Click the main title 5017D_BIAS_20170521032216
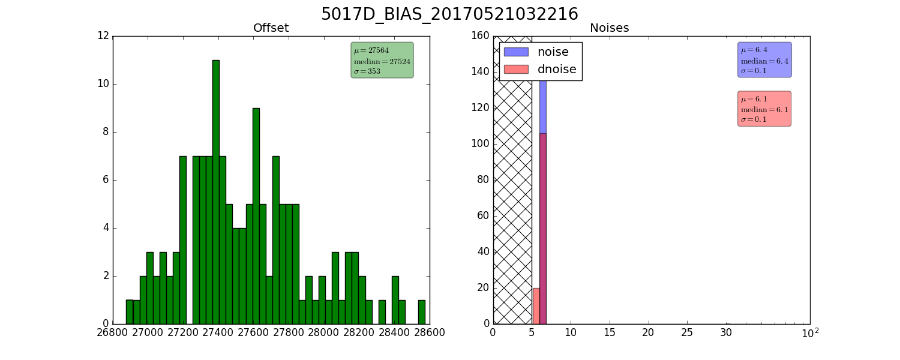(x=449, y=14)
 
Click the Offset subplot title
(x=271, y=28)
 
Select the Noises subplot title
(x=609, y=28)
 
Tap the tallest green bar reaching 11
(x=216, y=192)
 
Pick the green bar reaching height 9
(x=256, y=216)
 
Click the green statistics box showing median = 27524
(x=382, y=60)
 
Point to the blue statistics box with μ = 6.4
(x=764, y=59)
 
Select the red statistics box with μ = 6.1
(x=764, y=109)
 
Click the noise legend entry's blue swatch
(x=516, y=52)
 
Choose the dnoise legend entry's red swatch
(x=516, y=69)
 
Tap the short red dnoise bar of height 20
(x=536, y=306)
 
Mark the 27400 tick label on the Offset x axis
(x=218, y=332)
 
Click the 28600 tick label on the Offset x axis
(x=430, y=332)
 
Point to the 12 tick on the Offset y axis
(x=103, y=36)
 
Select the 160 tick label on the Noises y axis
(x=481, y=36)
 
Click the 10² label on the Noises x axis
(x=810, y=332)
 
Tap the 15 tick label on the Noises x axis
(x=610, y=332)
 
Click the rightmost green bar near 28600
(x=421, y=312)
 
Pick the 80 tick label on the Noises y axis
(x=483, y=179)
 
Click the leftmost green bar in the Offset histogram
(x=130, y=312)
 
